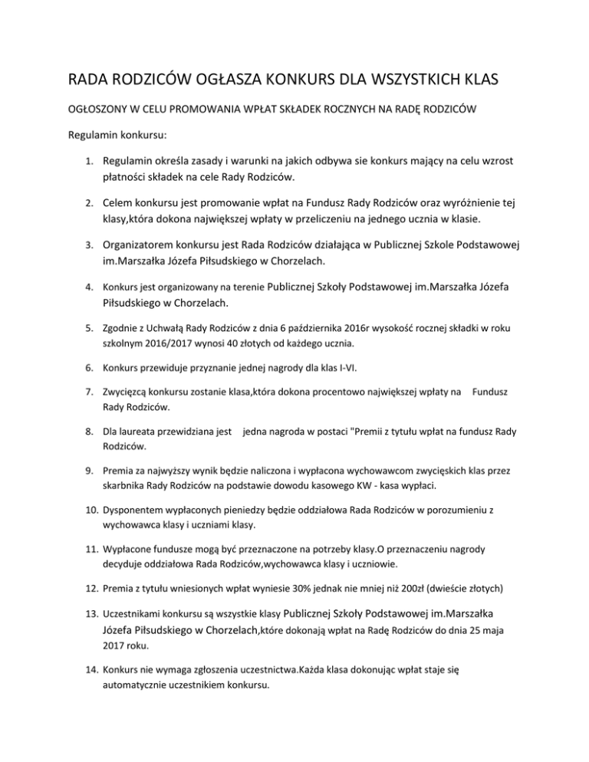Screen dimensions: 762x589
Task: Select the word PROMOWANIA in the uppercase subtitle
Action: coord(202,111)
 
